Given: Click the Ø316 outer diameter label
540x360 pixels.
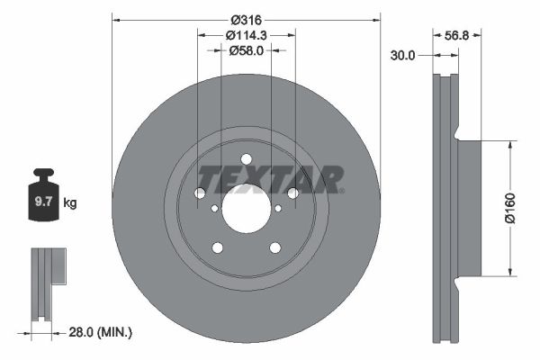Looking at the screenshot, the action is (x=246, y=20).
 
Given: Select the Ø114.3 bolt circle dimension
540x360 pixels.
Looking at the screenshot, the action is (x=247, y=35).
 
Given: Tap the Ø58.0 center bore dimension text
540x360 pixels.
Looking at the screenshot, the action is (x=247, y=50).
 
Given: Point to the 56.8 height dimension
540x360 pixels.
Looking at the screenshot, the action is (x=456, y=35).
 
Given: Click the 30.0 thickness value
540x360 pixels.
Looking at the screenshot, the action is (x=402, y=55).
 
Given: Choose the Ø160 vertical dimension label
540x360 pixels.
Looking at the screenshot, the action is (x=510, y=209).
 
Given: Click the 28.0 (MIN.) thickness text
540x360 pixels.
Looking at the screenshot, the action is (x=100, y=332).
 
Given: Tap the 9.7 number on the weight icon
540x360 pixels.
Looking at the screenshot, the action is (x=43, y=202).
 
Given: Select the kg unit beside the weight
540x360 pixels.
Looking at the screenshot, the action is (x=70, y=202).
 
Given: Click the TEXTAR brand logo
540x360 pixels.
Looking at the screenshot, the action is (x=271, y=179).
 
